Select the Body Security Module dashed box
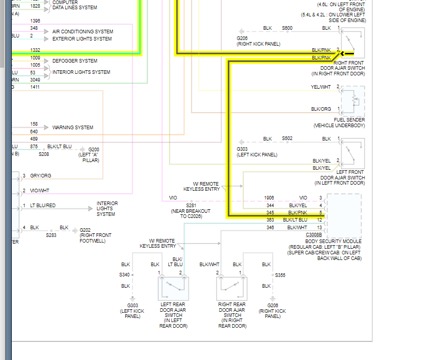click(344, 215)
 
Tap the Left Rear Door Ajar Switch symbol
click(173, 288)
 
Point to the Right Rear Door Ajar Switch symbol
click(231, 288)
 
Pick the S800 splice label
click(287, 28)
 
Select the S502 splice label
click(287, 138)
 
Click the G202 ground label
click(85, 230)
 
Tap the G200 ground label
click(94, 149)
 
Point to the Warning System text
click(73, 127)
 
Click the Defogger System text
click(75, 61)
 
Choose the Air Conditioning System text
click(83, 32)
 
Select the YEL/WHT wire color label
click(321, 87)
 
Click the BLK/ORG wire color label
click(321, 109)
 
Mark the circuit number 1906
click(269, 197)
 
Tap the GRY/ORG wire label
click(41, 176)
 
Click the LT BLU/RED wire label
click(43, 206)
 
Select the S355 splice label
click(280, 275)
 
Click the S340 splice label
click(125, 275)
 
